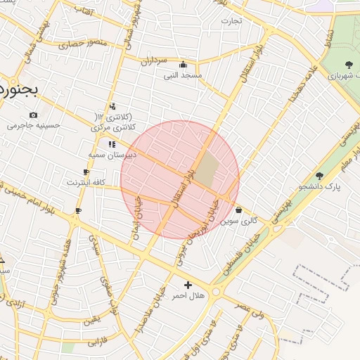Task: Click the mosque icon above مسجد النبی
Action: [x=183, y=64]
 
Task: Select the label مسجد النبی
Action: [x=183, y=74]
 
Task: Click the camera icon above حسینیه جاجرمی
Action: [x=33, y=115]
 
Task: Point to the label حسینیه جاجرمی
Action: [x=34, y=126]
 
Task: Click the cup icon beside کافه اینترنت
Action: [x=86, y=172]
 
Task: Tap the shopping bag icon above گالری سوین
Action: [x=239, y=210]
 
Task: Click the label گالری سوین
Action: [x=239, y=220]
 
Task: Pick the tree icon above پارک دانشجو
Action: [x=319, y=176]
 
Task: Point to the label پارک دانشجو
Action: [x=319, y=186]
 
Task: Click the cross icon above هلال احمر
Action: [x=188, y=285]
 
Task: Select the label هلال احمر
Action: [x=188, y=295]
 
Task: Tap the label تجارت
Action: [x=231, y=20]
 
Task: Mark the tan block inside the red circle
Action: [x=207, y=169]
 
